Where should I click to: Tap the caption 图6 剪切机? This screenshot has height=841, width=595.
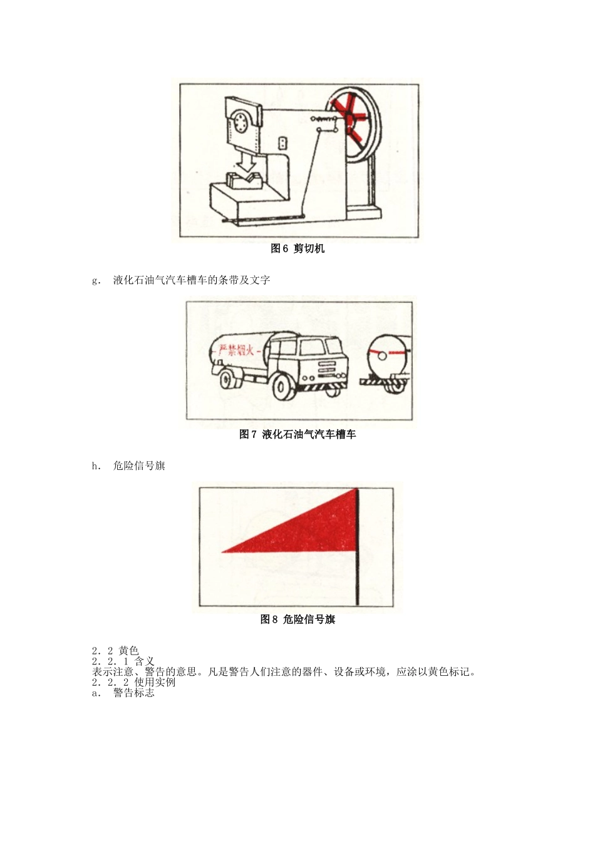[x=297, y=248]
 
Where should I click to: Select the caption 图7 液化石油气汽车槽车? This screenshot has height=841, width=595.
[x=297, y=434]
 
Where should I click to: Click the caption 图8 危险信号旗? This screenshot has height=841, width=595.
[x=297, y=619]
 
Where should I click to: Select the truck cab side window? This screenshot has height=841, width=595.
[x=311, y=348]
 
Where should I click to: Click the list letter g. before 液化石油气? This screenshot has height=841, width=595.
[x=96, y=280]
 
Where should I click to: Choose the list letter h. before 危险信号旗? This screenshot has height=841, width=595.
[x=96, y=466]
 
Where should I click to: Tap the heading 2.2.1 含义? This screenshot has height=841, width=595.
[x=123, y=661]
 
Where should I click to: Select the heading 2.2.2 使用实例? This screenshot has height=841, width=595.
[x=133, y=683]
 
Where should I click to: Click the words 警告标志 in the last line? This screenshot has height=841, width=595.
[x=134, y=693]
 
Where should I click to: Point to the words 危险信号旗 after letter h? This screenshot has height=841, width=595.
[x=139, y=466]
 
